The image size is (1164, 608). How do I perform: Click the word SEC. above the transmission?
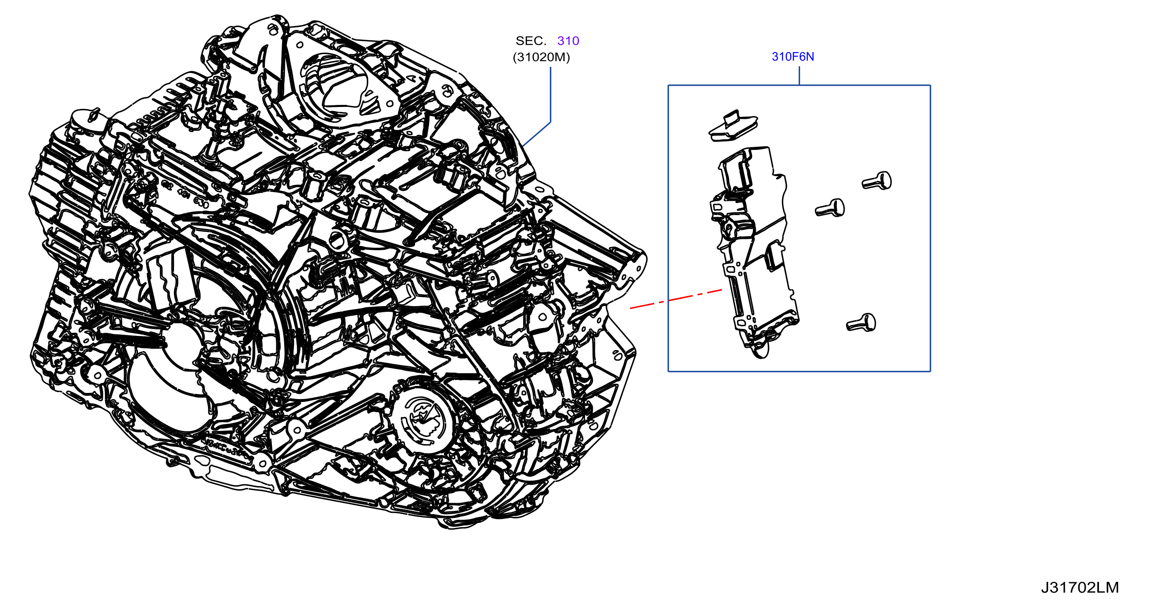[x=531, y=41]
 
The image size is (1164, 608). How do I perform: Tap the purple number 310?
[x=568, y=41]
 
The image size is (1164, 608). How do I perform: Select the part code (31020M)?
[x=541, y=57]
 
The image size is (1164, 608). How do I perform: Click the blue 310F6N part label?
[x=793, y=57]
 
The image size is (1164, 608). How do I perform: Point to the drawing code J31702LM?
[x=1080, y=588]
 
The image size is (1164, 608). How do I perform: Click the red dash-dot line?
[x=676, y=299]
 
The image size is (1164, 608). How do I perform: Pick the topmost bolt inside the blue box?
[x=877, y=181]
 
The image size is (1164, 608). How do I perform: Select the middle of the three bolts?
[x=830, y=209]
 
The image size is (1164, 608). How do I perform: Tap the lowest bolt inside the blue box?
[x=861, y=323]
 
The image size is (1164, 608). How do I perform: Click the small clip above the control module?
[x=733, y=126]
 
